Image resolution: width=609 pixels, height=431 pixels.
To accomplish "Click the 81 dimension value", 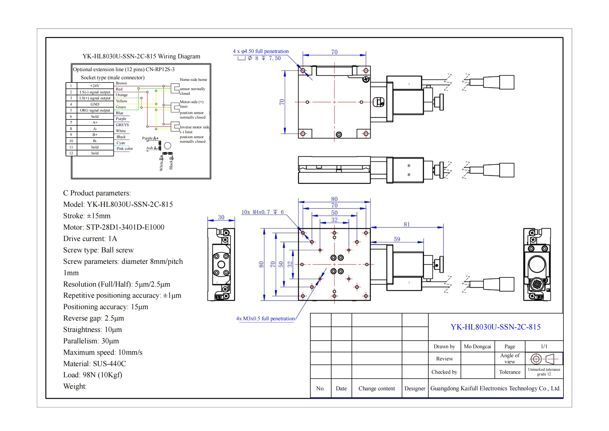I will coord(406,224).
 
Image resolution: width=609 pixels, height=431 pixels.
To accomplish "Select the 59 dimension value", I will coord(397,239).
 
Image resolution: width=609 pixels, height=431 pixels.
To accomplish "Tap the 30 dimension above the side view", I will coord(221,217).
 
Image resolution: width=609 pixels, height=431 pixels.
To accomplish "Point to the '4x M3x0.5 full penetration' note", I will coord(265,318).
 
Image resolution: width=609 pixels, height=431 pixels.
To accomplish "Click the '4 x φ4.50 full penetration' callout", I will coord(260,51).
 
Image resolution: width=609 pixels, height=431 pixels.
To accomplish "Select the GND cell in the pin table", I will coord(95,104).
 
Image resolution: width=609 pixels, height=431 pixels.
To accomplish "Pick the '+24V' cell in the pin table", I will coord(95,86).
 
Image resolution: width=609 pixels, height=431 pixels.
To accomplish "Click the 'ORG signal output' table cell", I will coord(95,110).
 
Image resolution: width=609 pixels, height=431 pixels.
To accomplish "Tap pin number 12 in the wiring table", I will coord(71,153).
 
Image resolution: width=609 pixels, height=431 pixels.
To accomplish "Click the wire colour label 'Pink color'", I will coord(125,148).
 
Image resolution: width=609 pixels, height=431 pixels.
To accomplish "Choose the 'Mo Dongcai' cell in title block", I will coord(477,346).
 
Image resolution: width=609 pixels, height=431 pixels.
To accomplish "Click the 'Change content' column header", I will coord(377,388).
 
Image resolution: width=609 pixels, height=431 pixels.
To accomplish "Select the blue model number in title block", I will coord(495,327).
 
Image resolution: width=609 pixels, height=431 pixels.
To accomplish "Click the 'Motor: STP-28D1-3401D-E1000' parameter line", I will coord(114,227).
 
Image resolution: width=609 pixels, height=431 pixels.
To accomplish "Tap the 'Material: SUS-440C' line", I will coord(94,363).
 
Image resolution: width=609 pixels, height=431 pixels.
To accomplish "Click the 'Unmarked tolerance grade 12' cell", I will coord(544,372).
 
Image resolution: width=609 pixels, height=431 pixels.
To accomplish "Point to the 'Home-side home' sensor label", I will coord(193,80).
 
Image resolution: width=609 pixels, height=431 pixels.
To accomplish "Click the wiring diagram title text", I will coord(141,56).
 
